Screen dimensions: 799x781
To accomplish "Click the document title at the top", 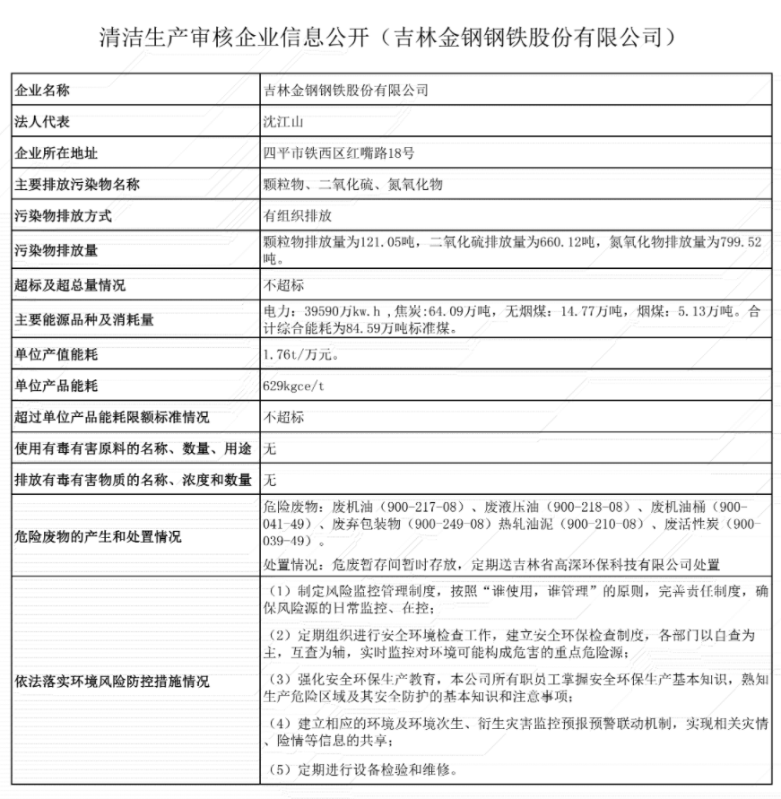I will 390,37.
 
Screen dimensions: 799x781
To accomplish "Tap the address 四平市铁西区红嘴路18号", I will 338,153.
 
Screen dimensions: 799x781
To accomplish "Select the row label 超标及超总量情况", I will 70,286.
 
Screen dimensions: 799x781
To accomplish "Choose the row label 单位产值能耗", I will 56,354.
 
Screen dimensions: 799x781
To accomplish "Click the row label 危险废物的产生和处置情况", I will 98,537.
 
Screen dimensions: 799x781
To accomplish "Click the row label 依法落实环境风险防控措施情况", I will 112,682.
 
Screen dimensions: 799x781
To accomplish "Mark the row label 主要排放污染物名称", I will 77,185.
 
